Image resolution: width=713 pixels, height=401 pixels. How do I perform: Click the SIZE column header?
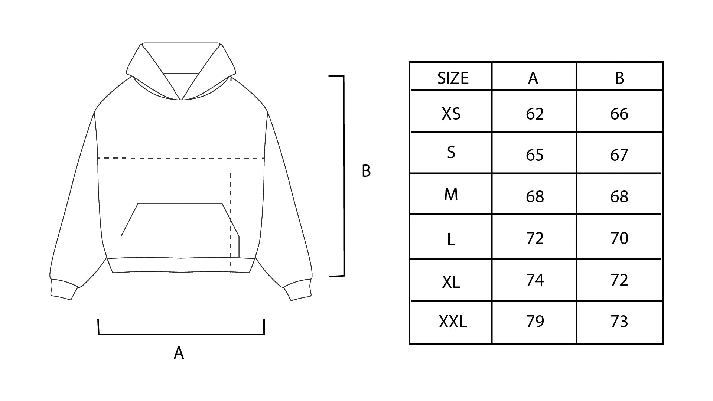[x=453, y=78]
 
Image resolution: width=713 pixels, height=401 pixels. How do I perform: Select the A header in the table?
[x=533, y=78]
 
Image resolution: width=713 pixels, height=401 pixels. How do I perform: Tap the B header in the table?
[x=619, y=78]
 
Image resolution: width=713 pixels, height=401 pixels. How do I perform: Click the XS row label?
[x=451, y=114]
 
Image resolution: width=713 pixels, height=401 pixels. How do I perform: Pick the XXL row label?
[x=453, y=322]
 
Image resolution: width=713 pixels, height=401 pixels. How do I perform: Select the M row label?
[x=451, y=194]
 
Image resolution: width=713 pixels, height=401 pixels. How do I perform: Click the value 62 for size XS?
[x=535, y=114]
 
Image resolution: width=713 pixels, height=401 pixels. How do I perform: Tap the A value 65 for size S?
[x=535, y=155]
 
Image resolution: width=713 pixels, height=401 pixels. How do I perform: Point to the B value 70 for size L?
[x=619, y=238]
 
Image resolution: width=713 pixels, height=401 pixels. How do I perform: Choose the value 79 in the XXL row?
[x=535, y=321]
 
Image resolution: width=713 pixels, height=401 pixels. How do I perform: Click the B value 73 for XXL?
[x=619, y=321]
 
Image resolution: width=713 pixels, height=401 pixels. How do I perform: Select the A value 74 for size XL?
[x=535, y=280]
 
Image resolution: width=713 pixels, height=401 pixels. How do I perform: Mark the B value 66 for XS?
[x=619, y=114]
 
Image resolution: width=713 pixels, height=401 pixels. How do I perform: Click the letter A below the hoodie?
[x=179, y=353]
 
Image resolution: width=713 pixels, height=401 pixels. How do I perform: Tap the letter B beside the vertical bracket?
[x=366, y=171]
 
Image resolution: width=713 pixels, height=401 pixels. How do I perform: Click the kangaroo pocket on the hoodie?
[x=180, y=230]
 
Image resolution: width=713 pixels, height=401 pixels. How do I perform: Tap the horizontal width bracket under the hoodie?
[x=181, y=334]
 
